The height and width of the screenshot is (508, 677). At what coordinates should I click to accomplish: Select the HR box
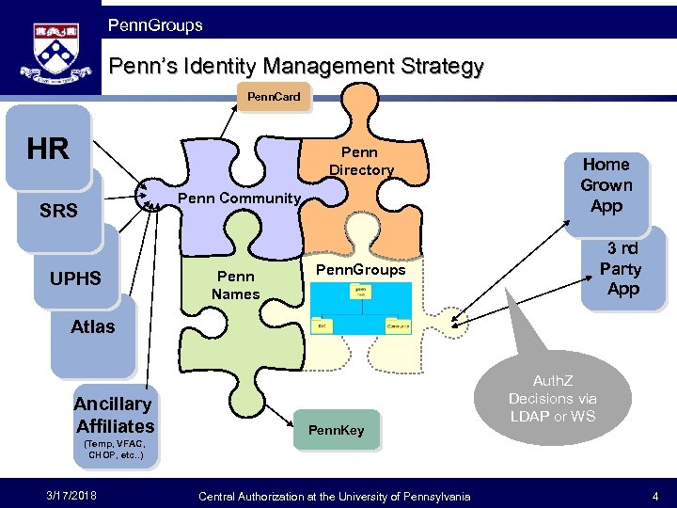(x=48, y=149)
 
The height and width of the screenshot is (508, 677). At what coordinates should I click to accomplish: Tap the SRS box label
(x=58, y=211)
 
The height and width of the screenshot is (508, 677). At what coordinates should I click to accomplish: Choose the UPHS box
(x=74, y=278)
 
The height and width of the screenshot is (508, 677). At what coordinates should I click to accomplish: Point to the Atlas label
(x=92, y=326)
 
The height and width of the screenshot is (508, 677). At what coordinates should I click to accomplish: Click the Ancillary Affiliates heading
(x=114, y=415)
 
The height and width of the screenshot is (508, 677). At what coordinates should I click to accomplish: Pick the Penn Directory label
(x=361, y=161)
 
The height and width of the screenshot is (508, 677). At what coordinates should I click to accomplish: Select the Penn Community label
(x=239, y=198)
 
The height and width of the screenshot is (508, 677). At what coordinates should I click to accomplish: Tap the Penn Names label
(x=235, y=285)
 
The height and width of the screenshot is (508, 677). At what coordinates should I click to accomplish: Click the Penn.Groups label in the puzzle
(x=360, y=270)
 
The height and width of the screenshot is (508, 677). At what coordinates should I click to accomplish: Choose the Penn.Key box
(x=336, y=430)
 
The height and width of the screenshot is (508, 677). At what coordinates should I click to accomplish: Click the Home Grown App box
(x=606, y=185)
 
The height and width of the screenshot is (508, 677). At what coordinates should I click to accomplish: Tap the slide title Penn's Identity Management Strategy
(x=296, y=67)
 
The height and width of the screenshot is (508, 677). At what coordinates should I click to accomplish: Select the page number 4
(x=654, y=496)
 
